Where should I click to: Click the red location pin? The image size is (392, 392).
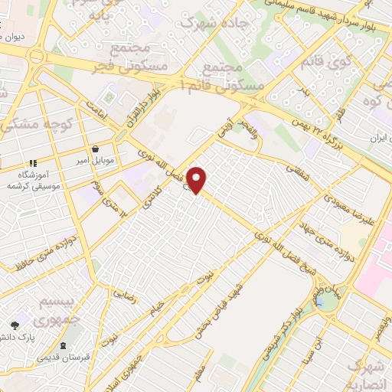tap(197, 179)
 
